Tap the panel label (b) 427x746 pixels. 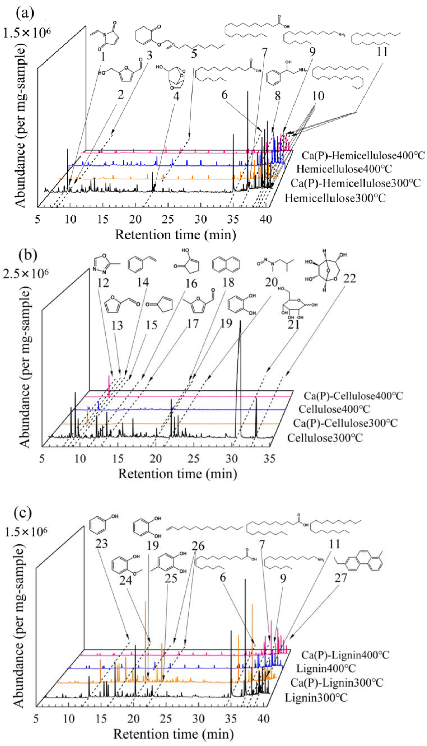pyautogui.click(x=28, y=255)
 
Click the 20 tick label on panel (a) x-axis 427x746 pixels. pyautogui.click(x=136, y=219)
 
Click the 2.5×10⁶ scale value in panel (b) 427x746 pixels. pyautogui.click(x=26, y=274)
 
